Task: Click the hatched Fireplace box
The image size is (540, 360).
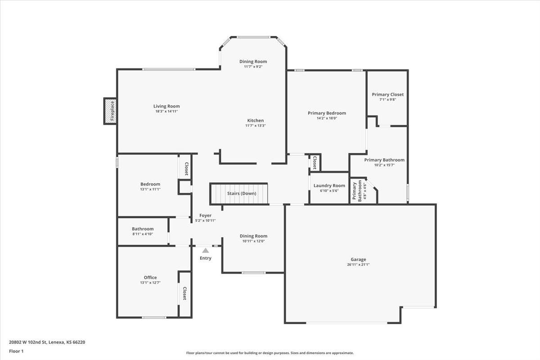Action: click(110, 111)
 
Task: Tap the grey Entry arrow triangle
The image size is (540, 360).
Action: click(205, 251)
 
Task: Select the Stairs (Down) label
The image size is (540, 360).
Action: click(241, 193)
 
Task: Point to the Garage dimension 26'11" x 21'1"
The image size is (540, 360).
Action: click(358, 265)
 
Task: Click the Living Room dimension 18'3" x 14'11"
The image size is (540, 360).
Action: click(166, 111)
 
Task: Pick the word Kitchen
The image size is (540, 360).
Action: click(255, 120)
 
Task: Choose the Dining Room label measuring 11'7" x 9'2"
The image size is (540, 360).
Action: click(253, 61)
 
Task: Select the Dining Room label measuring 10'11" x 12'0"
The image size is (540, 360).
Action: click(253, 236)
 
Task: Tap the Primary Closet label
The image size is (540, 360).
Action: click(387, 94)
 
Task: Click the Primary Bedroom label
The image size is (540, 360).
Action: click(327, 113)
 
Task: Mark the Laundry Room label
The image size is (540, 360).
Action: click(329, 185)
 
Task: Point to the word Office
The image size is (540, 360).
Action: click(150, 277)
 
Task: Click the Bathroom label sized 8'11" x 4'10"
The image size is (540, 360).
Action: click(143, 229)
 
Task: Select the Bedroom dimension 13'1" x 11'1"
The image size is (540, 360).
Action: click(150, 189)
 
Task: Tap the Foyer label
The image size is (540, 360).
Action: click(205, 216)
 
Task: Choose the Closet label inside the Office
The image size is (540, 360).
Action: click(184, 293)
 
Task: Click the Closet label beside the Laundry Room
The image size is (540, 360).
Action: click(314, 162)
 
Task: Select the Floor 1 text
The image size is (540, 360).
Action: click(16, 351)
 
